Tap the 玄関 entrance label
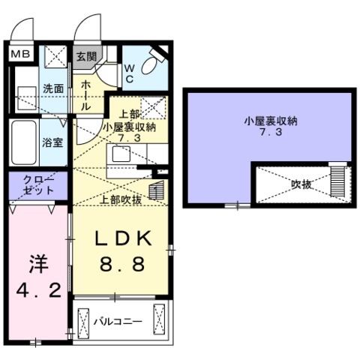pyautogui.click(x=86, y=56)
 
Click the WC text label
pyautogui.click(x=130, y=73)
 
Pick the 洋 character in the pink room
pyautogui.click(x=37, y=264)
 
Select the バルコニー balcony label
pyautogui.click(x=118, y=321)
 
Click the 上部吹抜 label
pyautogui.click(x=121, y=200)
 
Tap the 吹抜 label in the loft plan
pyautogui.click(x=300, y=181)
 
